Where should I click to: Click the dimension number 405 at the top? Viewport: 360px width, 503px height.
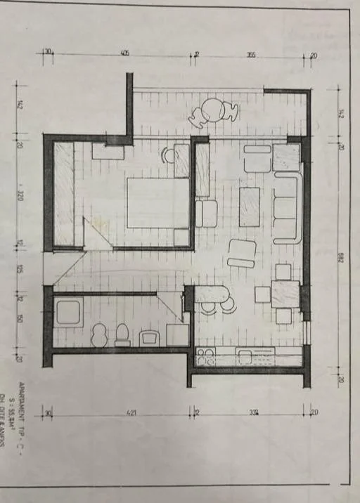(x=124, y=53)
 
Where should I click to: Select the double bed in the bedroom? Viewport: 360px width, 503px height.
(x=157, y=202)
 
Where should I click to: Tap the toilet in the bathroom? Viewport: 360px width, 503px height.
(x=122, y=334)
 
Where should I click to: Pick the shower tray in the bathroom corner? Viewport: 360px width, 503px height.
(x=69, y=311)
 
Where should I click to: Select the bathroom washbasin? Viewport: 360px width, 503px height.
(x=150, y=338)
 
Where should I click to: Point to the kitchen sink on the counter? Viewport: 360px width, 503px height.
(x=246, y=357)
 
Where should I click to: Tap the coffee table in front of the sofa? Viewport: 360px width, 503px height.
(x=249, y=207)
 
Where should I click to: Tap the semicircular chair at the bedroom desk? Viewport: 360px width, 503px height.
(x=167, y=155)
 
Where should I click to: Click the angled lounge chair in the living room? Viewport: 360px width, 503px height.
(x=242, y=253)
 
